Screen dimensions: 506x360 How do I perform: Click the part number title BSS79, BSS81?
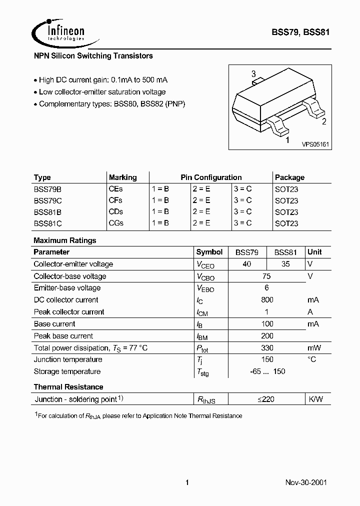tap(300, 32)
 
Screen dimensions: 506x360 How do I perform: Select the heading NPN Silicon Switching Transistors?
tap(93, 56)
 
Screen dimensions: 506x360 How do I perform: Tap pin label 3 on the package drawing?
tap(253, 74)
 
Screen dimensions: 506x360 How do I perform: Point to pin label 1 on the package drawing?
tap(286, 140)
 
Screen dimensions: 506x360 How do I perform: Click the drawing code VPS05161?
tap(315, 144)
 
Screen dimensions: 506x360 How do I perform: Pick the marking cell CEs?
tap(115, 189)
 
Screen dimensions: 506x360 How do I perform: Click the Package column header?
tap(289, 177)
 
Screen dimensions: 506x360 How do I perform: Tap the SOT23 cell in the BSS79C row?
tap(286, 200)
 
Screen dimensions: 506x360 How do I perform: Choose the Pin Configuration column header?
tap(211, 177)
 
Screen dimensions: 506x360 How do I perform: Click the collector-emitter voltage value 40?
tap(247, 264)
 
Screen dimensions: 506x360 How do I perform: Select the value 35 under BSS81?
tap(285, 264)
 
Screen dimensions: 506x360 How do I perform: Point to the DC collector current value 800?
tap(267, 300)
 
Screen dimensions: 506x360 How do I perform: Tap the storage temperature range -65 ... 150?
tap(267, 371)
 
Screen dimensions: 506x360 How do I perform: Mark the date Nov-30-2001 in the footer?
tap(306, 483)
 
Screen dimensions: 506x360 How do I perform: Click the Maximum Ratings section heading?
tap(65, 240)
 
